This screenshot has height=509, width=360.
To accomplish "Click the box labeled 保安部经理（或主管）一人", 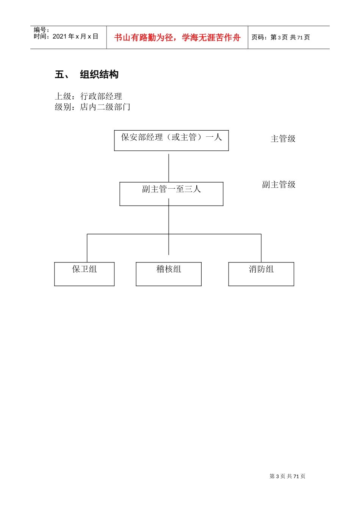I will coord(171,141).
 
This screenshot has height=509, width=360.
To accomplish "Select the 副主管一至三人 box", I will coord(171,194).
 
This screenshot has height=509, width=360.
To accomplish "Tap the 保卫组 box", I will coord(84,274).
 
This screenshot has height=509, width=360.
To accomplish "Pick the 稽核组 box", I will coord(169,274).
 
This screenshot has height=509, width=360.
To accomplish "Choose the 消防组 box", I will coord(261,274).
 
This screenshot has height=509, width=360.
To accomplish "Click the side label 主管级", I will coord(283,139).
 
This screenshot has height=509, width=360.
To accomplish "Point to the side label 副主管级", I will coord(279,184).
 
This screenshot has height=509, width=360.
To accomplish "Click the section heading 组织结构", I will coord(99,75).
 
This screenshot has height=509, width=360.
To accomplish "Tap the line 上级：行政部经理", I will coord(88,96).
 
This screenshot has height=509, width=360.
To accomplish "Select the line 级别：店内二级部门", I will coord(92,107).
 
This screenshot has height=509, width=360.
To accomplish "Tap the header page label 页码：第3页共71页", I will coord(280,37).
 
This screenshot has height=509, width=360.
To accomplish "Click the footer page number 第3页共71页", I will coord(287,476).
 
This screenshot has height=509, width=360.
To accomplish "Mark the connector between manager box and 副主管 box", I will coord(169,167).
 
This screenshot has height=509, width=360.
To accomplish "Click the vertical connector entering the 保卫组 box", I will coord(87,248).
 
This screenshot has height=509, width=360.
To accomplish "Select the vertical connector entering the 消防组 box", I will coord(261,248).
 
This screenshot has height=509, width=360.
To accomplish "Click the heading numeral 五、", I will coord(62,75).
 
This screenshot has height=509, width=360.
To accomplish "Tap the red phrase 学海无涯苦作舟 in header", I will coord(211,37).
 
